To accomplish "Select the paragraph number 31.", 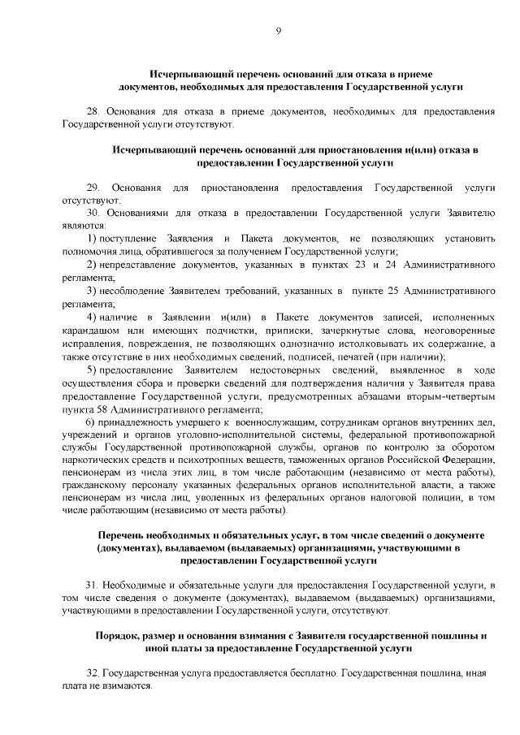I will (92, 585).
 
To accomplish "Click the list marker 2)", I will (92, 264).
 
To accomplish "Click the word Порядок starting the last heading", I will (116, 636).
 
